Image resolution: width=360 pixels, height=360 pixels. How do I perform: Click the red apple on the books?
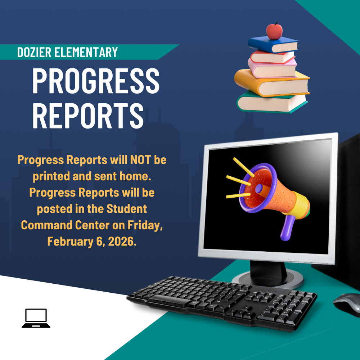274,31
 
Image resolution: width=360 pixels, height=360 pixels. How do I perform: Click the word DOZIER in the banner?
34,52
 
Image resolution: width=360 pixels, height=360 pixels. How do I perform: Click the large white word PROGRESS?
95,81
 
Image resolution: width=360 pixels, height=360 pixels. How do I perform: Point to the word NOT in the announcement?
137,159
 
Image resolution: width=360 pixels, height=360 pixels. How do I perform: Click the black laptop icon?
36,318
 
